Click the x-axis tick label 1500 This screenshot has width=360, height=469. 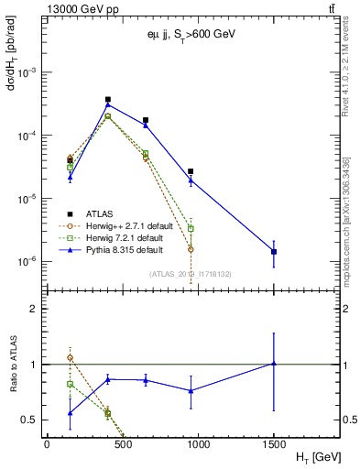click(x=274, y=443)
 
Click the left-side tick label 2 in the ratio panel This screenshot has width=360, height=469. click(x=35, y=309)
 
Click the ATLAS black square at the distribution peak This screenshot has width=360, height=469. click(x=108, y=99)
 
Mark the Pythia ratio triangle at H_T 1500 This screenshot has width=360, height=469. click(x=274, y=364)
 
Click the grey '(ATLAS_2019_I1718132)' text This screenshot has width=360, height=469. click(x=190, y=273)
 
